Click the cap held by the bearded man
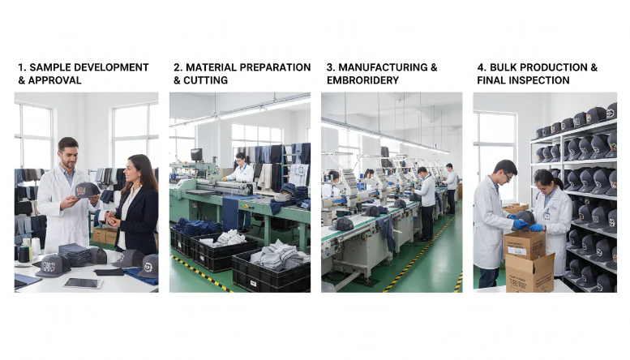point(86,190)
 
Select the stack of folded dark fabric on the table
point(75,254)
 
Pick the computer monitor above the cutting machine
point(196,154)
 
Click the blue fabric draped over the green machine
point(231,212)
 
